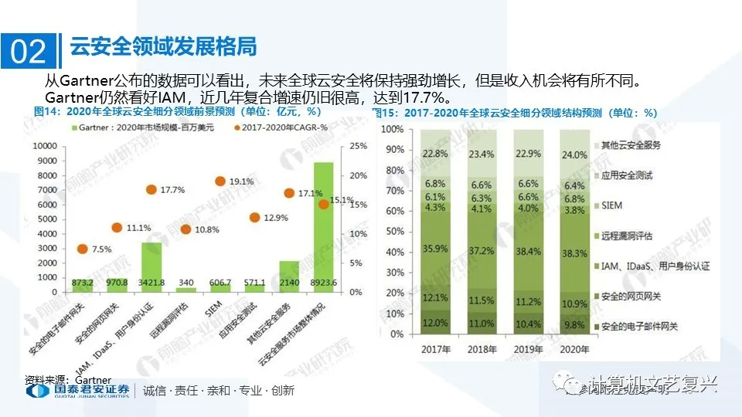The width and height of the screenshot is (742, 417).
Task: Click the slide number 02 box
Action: pos(29,50)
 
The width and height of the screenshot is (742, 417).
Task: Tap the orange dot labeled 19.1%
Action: pos(220,181)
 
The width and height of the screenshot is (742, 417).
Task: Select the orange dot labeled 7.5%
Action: pos(83,249)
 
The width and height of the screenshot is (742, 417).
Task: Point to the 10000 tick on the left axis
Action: pos(39,146)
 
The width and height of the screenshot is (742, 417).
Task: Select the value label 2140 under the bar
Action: pos(289,283)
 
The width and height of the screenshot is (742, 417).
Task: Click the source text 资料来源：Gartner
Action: pos(68,380)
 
